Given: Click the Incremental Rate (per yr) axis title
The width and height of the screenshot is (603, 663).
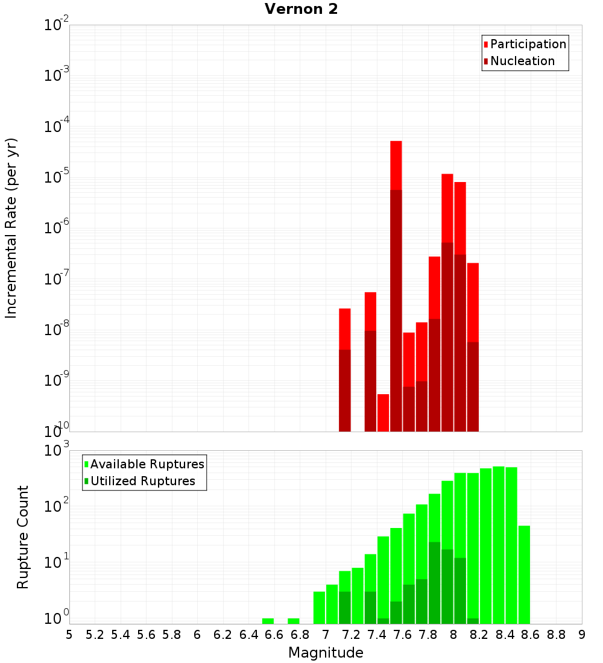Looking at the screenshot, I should (11, 228).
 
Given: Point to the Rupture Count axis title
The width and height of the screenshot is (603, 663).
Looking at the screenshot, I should (22, 536).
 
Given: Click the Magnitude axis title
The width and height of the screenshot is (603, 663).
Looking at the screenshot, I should (326, 653).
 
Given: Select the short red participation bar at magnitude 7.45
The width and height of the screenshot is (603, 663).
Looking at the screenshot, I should (384, 412).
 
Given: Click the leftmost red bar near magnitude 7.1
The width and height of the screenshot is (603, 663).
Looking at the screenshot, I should (345, 329).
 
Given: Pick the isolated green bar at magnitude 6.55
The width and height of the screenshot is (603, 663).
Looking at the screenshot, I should (268, 621).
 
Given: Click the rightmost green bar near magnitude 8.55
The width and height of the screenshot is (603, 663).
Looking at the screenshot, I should (524, 574).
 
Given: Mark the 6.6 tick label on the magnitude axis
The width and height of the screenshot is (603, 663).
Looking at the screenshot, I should (274, 635).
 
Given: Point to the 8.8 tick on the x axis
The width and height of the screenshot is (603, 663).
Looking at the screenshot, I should (556, 635).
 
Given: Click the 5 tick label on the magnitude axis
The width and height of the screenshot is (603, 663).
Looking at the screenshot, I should (69, 635).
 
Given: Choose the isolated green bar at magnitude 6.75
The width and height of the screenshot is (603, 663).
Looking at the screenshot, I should (294, 621).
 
